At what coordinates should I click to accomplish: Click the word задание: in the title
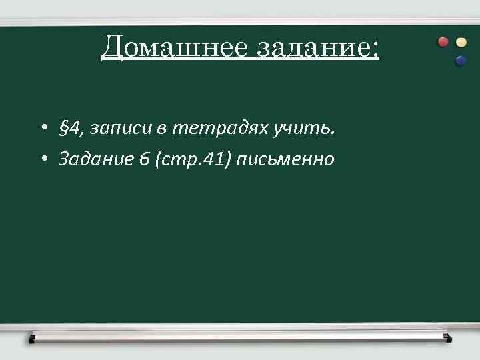308,47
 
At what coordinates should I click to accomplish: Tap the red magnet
443,42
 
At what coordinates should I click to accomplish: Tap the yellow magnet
461,42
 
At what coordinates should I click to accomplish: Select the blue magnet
459,61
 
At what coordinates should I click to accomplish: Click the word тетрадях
221,128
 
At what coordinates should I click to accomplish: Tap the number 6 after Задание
145,160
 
